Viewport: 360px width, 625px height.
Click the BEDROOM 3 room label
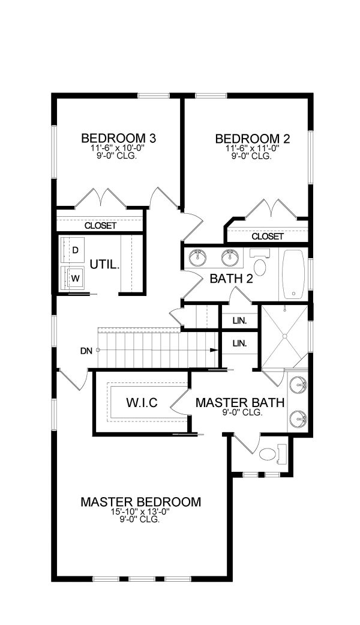[119, 138]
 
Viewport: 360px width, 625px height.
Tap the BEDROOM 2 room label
[253, 139]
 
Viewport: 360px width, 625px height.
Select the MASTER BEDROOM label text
[140, 502]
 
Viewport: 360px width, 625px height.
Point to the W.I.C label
[141, 402]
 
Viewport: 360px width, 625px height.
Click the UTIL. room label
[105, 264]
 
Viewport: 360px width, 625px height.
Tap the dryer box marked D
[76, 249]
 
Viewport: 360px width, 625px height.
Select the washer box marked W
[76, 278]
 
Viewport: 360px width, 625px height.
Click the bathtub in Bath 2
[293, 274]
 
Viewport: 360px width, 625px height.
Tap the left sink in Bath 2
[197, 258]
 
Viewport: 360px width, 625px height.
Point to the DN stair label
[85, 351]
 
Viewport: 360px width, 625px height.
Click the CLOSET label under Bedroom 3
[100, 226]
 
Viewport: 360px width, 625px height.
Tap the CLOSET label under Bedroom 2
[267, 237]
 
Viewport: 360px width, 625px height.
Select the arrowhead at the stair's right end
[214, 350]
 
